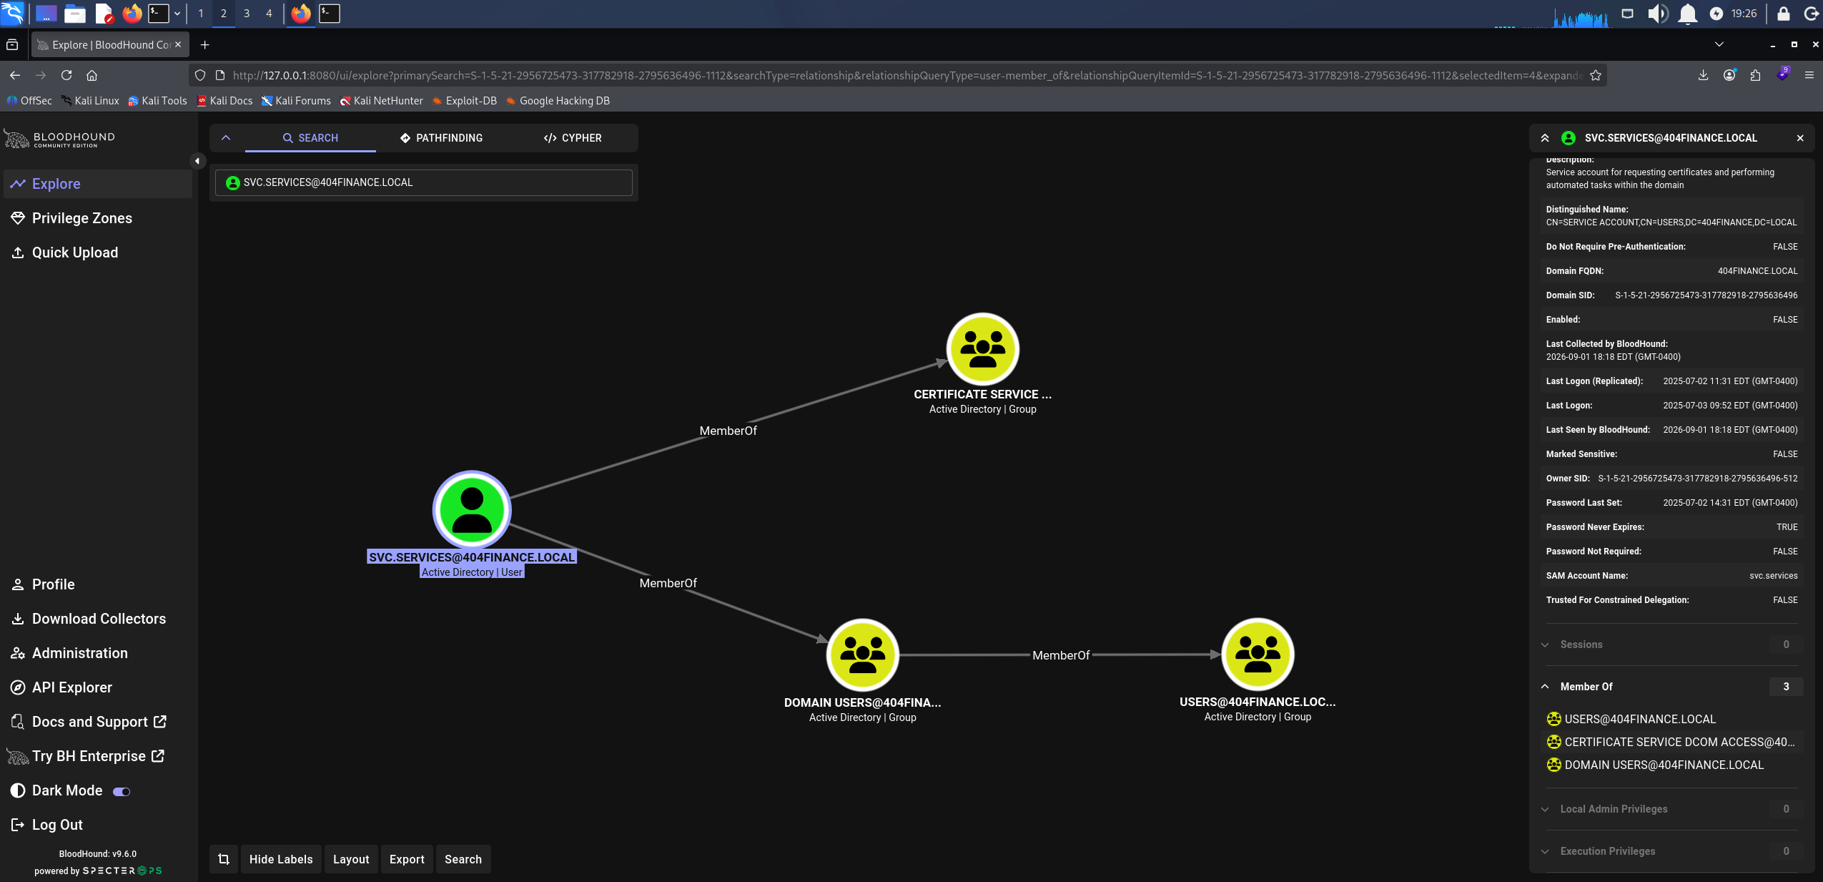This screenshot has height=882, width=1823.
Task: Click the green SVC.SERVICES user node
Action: (x=472, y=509)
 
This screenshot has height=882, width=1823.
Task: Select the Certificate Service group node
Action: (x=983, y=349)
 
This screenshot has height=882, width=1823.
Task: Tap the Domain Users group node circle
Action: (x=863, y=655)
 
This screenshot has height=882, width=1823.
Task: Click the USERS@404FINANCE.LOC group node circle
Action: (x=1258, y=655)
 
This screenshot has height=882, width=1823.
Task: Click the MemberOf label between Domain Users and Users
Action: (x=1061, y=655)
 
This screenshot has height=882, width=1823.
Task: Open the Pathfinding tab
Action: (x=441, y=138)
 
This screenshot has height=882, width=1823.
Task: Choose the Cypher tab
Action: (x=573, y=138)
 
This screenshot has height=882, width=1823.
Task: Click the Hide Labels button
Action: (x=281, y=859)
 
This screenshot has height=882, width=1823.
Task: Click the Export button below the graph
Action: (x=407, y=859)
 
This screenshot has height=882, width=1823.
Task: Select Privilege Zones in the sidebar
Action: (x=82, y=218)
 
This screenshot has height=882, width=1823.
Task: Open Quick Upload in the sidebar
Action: (x=75, y=253)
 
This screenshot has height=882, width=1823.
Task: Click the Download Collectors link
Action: (x=99, y=619)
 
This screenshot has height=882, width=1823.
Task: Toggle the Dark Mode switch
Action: (x=122, y=791)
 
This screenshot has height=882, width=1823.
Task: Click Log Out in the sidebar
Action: (x=57, y=825)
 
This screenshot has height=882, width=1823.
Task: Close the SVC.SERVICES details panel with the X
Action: (x=1800, y=138)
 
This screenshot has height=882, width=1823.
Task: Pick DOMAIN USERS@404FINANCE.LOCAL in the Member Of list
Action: (x=1664, y=765)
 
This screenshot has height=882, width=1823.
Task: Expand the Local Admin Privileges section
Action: (x=1614, y=809)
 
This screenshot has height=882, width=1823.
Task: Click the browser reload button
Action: (x=66, y=75)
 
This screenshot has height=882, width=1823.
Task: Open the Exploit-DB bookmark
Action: (x=471, y=101)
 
